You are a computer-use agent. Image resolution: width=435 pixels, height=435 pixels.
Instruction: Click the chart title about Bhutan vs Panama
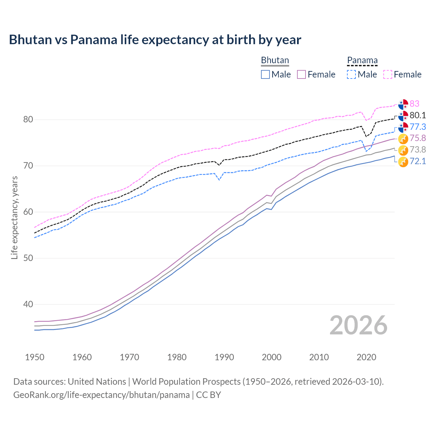pyautogui.click(x=155, y=40)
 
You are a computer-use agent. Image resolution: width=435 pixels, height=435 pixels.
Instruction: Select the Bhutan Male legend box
pyautogui.click(x=265, y=74)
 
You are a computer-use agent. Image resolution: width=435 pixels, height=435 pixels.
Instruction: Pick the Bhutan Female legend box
pyautogui.click(x=301, y=74)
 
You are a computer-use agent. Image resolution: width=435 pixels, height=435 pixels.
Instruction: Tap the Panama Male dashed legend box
pyautogui.click(x=351, y=74)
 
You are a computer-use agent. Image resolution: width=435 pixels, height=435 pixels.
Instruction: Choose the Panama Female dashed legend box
pyautogui.click(x=388, y=74)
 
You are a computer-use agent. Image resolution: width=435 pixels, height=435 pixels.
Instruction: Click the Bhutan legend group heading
pyautogui.click(x=275, y=60)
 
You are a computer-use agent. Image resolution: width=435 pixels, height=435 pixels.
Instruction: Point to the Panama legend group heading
pyautogui.click(x=362, y=60)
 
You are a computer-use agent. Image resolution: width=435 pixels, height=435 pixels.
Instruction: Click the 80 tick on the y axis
pyautogui.click(x=28, y=120)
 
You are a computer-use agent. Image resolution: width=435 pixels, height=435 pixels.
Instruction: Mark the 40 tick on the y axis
pyautogui.click(x=28, y=304)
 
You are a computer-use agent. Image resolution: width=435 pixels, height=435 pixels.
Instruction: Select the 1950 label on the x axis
pyautogui.click(x=35, y=357)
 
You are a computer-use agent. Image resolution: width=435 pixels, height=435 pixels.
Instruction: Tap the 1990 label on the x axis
pyautogui.click(x=224, y=357)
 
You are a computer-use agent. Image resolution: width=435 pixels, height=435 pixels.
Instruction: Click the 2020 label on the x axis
pyautogui.click(x=366, y=357)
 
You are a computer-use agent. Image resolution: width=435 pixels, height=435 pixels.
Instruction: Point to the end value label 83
pyautogui.click(x=414, y=104)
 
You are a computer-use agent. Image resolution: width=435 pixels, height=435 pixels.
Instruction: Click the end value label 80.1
pyautogui.click(x=418, y=115)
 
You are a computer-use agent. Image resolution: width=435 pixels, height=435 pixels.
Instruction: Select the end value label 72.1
pyautogui.click(x=418, y=161)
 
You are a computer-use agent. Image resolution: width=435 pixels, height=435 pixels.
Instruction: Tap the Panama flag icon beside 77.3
pyautogui.click(x=403, y=127)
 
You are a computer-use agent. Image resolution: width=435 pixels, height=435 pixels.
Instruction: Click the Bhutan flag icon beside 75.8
pyautogui.click(x=403, y=139)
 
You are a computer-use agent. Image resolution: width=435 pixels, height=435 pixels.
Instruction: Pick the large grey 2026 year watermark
pyautogui.click(x=359, y=325)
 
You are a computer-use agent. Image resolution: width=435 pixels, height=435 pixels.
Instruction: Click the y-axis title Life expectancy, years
pyautogui.click(x=14, y=217)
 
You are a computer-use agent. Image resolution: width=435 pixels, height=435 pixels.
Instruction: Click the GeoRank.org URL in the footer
pyautogui.click(x=101, y=395)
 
